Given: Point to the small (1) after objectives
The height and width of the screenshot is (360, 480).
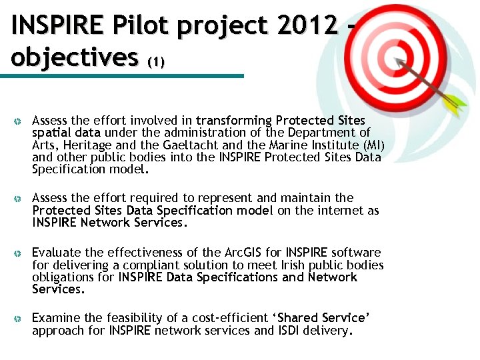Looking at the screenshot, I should (x=155, y=62).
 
